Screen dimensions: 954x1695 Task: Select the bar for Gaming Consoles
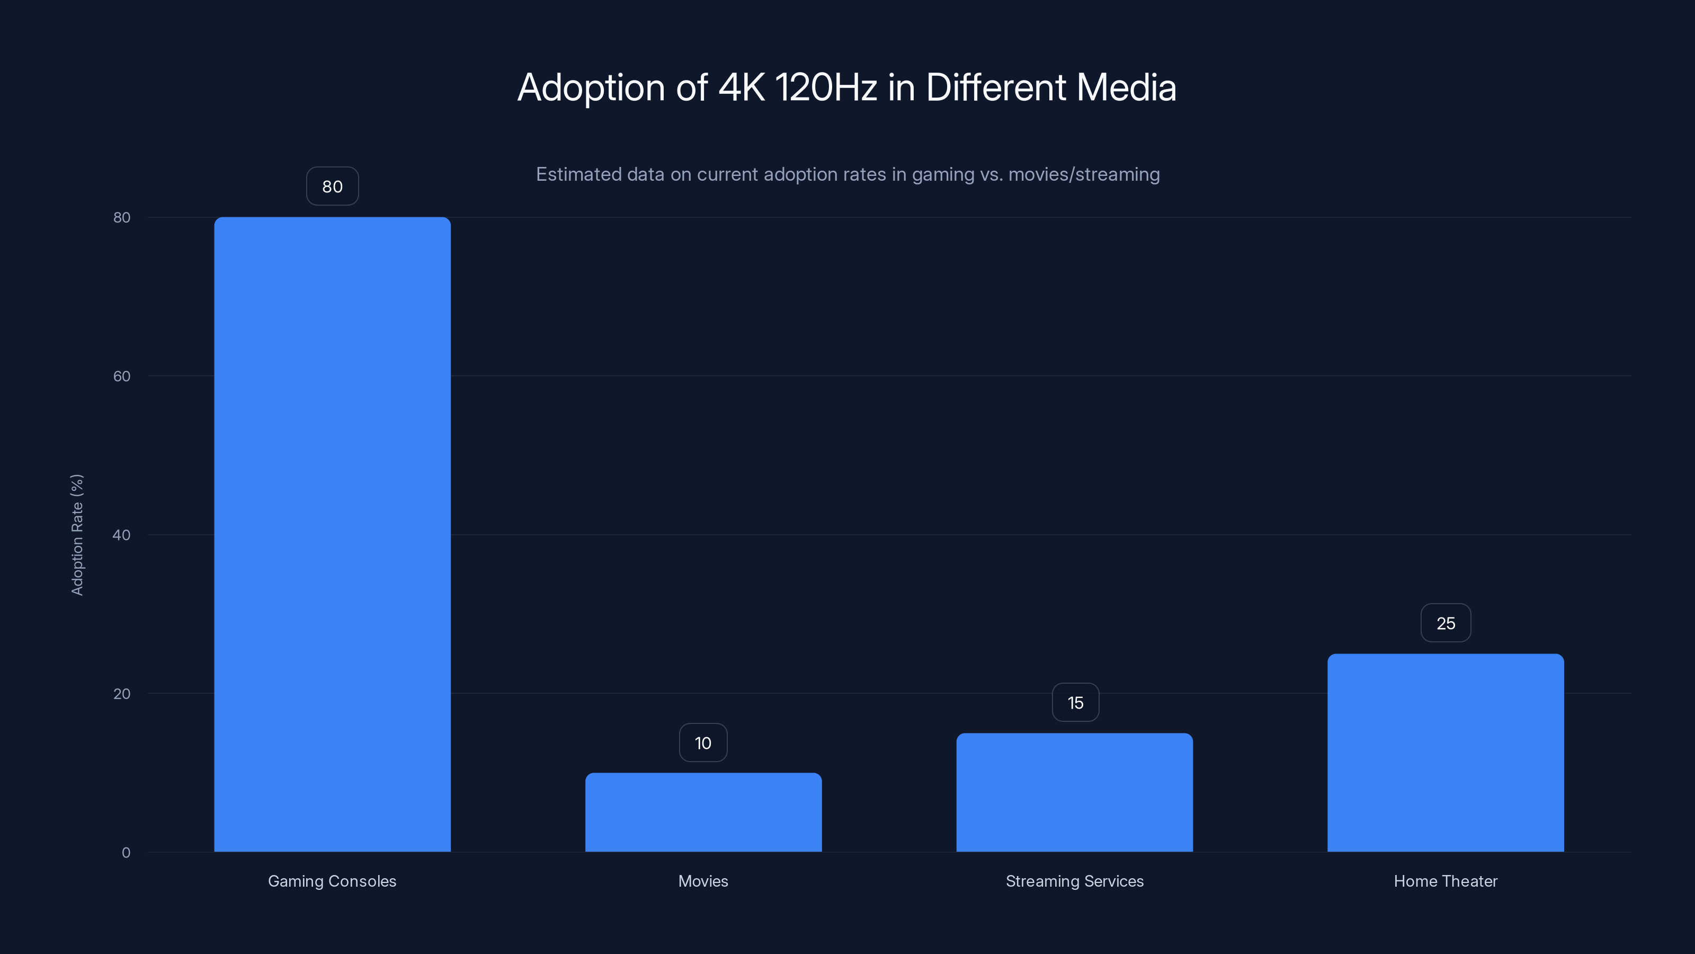332,534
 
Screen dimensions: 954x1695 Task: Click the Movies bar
703,812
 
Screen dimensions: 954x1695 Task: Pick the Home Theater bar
1445,753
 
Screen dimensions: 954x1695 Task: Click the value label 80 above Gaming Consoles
332,187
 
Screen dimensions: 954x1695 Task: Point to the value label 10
703,743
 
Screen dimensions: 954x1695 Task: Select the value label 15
1075,702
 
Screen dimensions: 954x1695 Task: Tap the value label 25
1445,623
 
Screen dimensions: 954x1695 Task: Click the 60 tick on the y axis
122,376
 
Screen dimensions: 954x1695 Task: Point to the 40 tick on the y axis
122,535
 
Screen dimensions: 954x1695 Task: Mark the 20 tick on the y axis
122,693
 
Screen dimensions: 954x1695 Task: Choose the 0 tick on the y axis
126,852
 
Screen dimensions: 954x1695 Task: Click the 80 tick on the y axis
122,217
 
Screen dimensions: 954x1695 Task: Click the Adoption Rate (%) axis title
77,535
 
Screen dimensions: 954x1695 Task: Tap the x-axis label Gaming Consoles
332,881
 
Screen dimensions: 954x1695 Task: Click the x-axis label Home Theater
1445,881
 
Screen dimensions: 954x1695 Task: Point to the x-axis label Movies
703,881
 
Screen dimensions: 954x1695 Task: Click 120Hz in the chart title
825,87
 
